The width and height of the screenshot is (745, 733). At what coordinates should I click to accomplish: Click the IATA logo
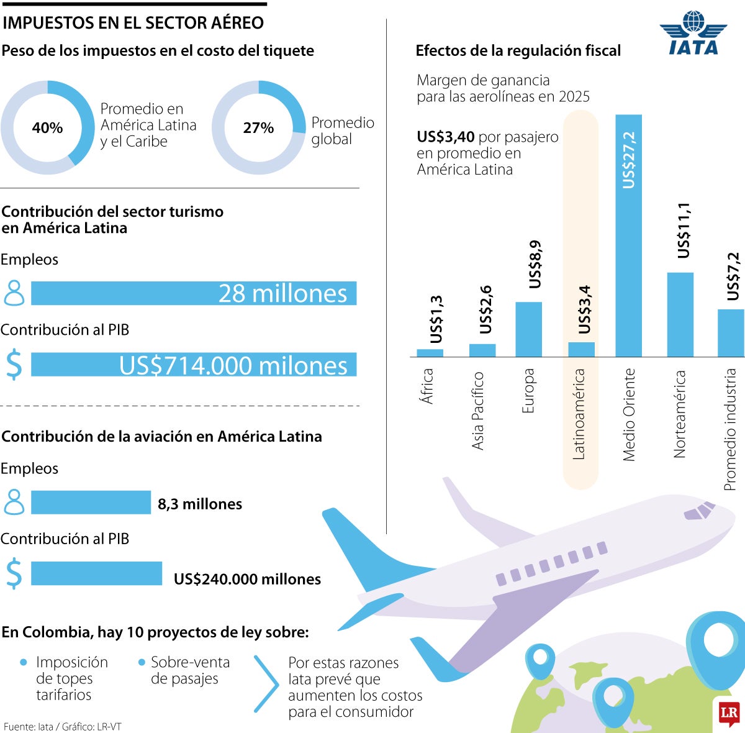[693, 34]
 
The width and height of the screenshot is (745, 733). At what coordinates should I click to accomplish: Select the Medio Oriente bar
[628, 236]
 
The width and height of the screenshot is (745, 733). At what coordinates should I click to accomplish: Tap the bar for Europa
[528, 329]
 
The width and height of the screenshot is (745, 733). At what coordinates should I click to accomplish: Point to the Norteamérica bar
[680, 314]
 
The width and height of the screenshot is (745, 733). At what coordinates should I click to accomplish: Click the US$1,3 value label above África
[436, 319]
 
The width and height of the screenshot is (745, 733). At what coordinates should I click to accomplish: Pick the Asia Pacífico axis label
[477, 411]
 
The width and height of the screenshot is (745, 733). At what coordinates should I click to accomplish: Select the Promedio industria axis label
[731, 429]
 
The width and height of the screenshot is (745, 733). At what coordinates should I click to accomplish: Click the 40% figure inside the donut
[47, 128]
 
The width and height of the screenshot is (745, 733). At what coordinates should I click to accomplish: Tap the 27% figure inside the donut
[258, 128]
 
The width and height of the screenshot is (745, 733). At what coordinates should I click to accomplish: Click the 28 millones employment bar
[194, 293]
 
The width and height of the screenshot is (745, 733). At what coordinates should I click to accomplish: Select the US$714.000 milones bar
[194, 365]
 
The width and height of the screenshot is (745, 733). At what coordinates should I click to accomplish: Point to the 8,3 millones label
[200, 504]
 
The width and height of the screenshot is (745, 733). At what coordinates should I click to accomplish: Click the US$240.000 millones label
[247, 579]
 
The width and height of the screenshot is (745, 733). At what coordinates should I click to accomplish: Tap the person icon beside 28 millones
[14, 293]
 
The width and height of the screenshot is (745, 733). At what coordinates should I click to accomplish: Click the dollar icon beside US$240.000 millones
[14, 573]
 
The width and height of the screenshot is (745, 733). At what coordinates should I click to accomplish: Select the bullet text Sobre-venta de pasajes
[190, 670]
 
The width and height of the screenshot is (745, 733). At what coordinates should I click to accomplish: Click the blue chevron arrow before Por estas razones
[267, 685]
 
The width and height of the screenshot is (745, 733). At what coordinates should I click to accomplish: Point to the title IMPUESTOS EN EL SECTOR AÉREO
[133, 23]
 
